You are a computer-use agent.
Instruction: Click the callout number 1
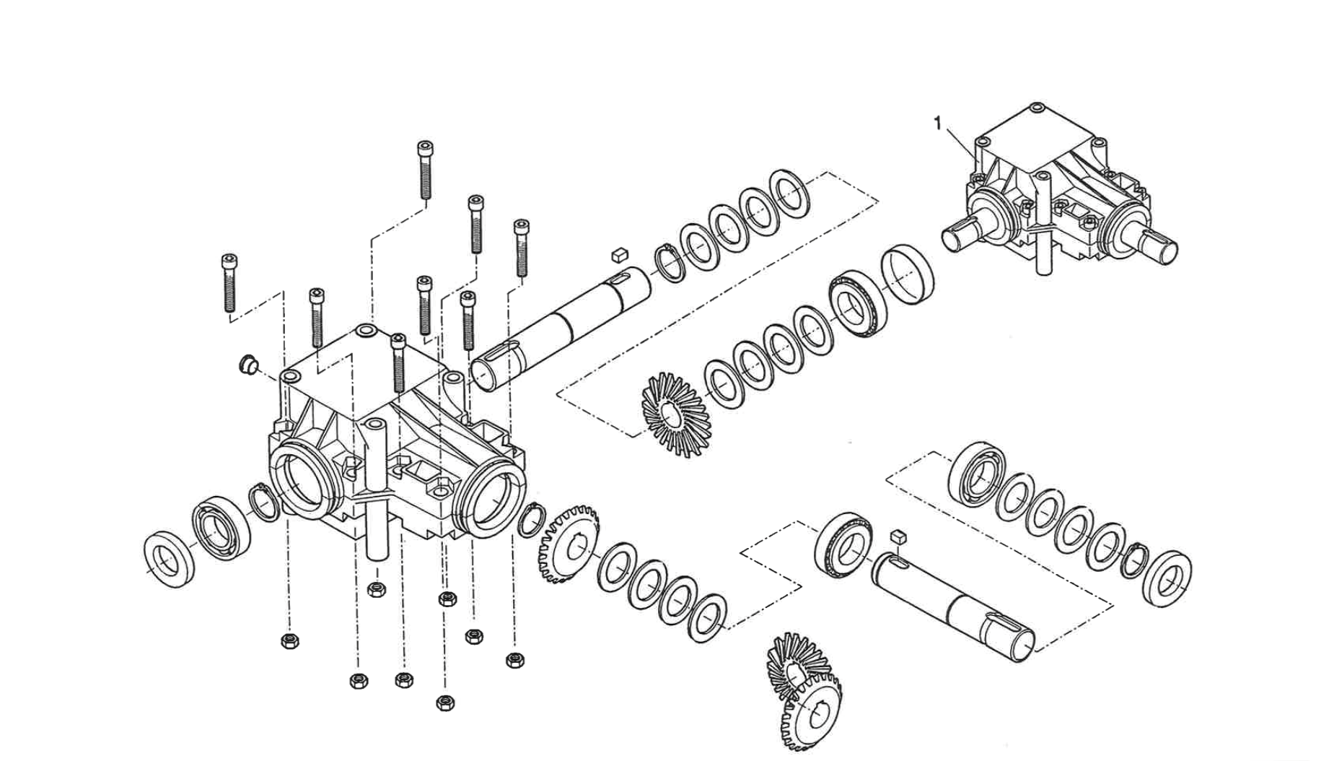[937, 124]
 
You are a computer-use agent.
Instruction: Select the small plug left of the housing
[249, 365]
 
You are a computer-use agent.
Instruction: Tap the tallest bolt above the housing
[425, 170]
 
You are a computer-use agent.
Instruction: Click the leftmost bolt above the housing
[229, 282]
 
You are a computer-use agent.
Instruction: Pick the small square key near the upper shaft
[620, 254]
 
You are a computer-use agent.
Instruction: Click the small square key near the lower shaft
[898, 536]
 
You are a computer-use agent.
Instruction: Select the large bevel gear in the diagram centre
[675, 414]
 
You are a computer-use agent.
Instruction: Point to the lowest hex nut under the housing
[445, 703]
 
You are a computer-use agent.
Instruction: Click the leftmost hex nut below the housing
[289, 640]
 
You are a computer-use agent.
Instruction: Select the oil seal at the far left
[170, 559]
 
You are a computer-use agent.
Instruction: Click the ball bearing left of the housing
[221, 528]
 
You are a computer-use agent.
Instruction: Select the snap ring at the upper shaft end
[671, 264]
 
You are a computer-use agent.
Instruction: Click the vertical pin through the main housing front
[377, 491]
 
